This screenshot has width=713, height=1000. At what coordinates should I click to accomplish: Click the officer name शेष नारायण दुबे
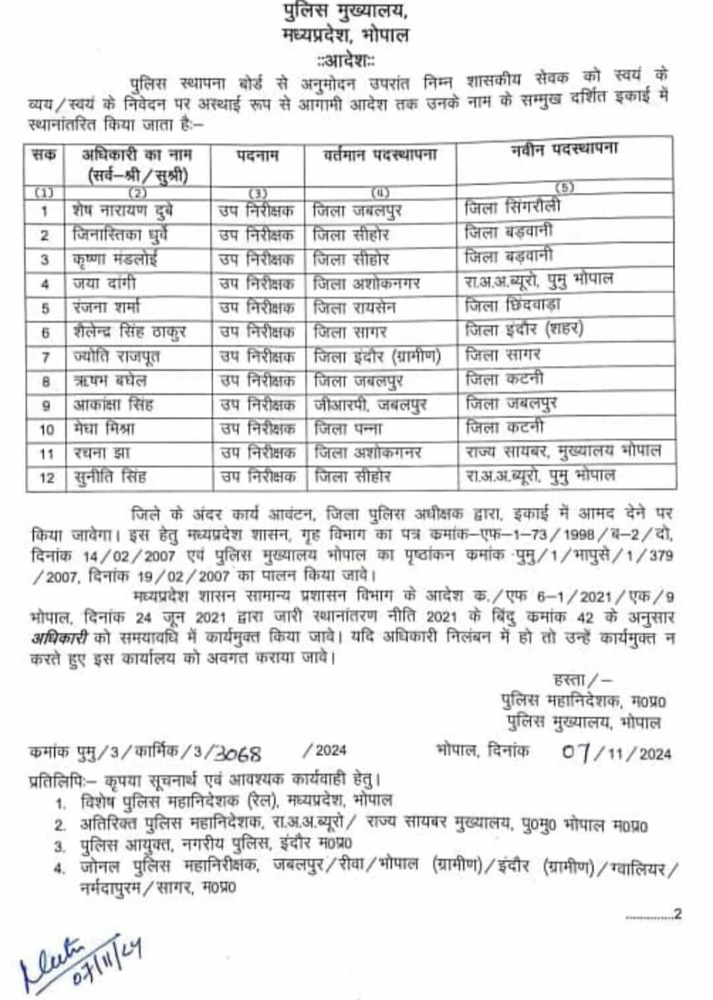point(123,211)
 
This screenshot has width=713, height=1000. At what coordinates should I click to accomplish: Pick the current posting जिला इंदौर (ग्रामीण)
point(377,357)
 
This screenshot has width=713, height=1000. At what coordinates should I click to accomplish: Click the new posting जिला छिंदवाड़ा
point(512,305)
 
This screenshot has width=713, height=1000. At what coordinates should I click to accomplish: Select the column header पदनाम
point(257,156)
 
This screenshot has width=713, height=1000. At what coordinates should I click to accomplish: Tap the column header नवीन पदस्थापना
point(564,150)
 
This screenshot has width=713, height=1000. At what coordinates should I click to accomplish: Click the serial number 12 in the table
point(46,478)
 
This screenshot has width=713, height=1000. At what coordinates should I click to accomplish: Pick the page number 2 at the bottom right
point(677,914)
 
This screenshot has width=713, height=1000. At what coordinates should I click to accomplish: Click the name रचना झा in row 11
point(101,453)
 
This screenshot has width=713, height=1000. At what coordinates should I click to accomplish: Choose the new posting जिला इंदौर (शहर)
point(524,329)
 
